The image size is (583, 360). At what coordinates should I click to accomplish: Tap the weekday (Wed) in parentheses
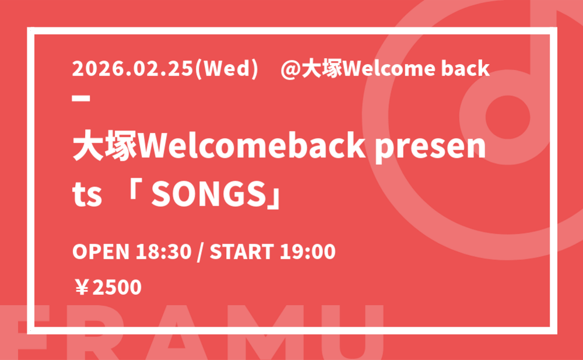pyautogui.click(x=226, y=69)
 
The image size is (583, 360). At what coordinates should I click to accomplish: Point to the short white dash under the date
pyautogui.click(x=81, y=98)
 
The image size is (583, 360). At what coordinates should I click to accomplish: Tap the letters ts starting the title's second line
pyautogui.click(x=87, y=195)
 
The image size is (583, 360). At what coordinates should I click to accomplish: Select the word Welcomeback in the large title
pyautogui.click(x=252, y=146)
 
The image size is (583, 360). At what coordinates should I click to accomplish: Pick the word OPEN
pyautogui.click(x=101, y=252)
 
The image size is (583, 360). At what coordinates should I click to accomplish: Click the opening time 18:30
pyautogui.click(x=163, y=252)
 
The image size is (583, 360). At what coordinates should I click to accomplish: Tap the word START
pyautogui.click(x=242, y=252)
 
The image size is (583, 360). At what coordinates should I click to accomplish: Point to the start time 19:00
pyautogui.click(x=308, y=252)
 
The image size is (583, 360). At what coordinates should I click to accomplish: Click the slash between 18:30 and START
pyautogui.click(x=201, y=252)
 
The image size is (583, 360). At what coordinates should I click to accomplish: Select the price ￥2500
pyautogui.click(x=108, y=288)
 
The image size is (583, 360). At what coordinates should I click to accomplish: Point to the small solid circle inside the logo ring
pyautogui.click(x=508, y=117)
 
